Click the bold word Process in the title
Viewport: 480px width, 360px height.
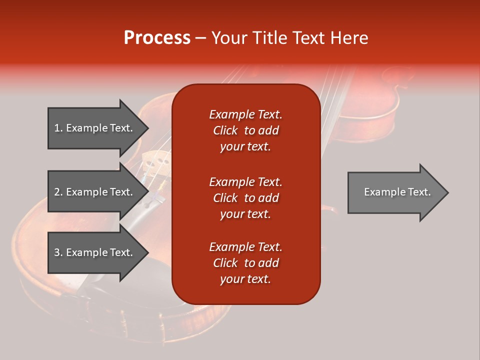coord(157,37)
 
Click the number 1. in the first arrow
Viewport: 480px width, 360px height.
coord(58,128)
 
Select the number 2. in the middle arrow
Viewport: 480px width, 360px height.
coord(58,192)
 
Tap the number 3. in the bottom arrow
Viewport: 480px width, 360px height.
coord(58,252)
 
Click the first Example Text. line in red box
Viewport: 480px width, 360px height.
coord(245,114)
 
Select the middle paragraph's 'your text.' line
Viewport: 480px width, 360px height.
coord(245,214)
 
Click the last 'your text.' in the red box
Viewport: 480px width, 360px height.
coord(245,279)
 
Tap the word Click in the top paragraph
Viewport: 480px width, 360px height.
coord(225,130)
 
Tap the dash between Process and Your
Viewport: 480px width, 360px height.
coord(200,38)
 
